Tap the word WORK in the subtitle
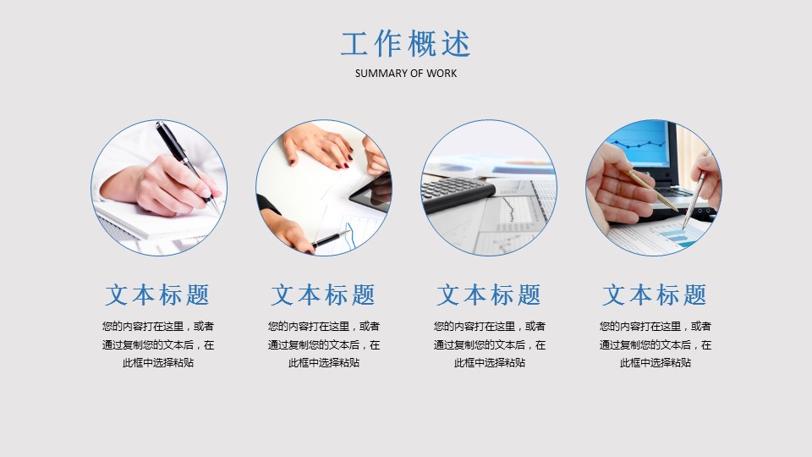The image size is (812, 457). pyautogui.click(x=442, y=74)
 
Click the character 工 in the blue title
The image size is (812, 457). pyautogui.click(x=355, y=43)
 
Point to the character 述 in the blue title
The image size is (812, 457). pyautogui.click(x=456, y=43)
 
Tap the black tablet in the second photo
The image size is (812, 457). pyautogui.click(x=371, y=192)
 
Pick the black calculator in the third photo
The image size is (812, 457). pyautogui.click(x=456, y=193)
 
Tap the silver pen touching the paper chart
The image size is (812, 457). pyautogui.click(x=693, y=201)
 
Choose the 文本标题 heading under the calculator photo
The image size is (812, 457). pyautogui.click(x=489, y=295)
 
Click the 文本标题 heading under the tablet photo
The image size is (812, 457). pyautogui.click(x=323, y=295)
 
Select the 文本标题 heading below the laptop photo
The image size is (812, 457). pyautogui.click(x=655, y=295)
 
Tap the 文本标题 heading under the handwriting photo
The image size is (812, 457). pyautogui.click(x=157, y=295)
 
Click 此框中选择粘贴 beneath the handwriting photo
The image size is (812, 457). pyautogui.click(x=158, y=363)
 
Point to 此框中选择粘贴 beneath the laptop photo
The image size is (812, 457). pyautogui.click(x=655, y=363)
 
